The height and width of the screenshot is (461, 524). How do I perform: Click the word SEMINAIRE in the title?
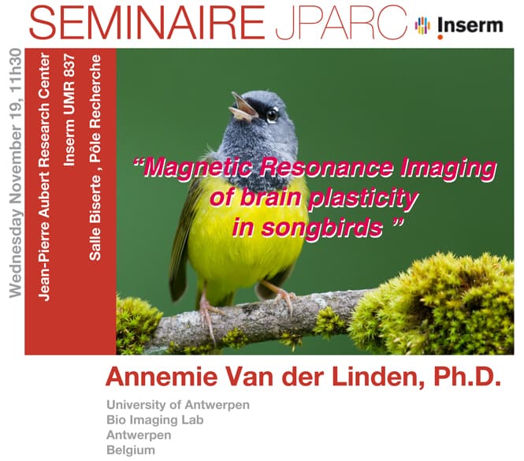click(147, 23)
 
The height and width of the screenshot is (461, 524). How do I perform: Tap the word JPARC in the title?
click(341, 23)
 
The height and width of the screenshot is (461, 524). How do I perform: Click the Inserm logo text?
click(470, 26)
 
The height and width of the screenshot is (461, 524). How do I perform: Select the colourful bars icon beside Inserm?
click(422, 25)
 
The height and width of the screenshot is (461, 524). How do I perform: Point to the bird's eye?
click(273, 115)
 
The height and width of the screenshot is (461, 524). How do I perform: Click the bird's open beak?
click(243, 107)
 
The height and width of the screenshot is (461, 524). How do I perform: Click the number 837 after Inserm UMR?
click(69, 65)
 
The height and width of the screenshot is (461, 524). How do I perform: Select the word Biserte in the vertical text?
click(95, 201)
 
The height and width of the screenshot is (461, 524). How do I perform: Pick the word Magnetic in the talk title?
click(198, 168)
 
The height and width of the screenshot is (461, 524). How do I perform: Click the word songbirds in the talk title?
click(321, 229)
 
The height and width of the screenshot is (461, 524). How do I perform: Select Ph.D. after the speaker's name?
click(467, 377)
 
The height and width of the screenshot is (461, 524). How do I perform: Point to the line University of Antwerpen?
click(178, 405)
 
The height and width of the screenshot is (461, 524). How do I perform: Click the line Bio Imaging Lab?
click(155, 420)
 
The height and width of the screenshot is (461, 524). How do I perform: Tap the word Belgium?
click(131, 450)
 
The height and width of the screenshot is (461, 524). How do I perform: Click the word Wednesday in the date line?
click(16, 254)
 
